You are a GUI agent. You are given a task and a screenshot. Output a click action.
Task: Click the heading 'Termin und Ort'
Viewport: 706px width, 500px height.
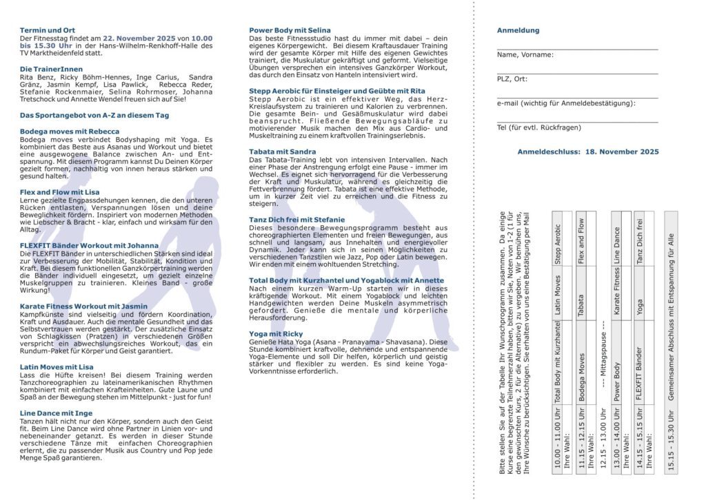(x=48, y=30)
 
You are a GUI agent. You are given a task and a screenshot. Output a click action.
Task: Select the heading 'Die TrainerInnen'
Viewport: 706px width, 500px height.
(x=51, y=70)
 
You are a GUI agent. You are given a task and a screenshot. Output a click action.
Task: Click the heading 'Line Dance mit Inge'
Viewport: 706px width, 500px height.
(x=56, y=413)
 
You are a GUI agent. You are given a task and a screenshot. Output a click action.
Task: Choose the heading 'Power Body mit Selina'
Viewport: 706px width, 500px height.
(x=290, y=30)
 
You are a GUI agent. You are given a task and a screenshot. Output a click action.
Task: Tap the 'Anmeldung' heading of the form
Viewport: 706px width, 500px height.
(x=518, y=30)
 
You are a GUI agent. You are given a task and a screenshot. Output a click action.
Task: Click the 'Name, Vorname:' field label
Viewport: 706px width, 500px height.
(x=525, y=55)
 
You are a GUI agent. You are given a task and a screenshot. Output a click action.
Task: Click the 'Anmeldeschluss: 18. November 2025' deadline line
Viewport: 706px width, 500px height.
(x=588, y=152)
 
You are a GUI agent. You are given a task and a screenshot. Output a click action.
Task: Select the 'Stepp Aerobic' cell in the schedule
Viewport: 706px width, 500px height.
(x=558, y=244)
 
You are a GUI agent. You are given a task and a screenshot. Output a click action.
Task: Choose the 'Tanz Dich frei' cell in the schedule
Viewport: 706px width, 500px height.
(x=639, y=244)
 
